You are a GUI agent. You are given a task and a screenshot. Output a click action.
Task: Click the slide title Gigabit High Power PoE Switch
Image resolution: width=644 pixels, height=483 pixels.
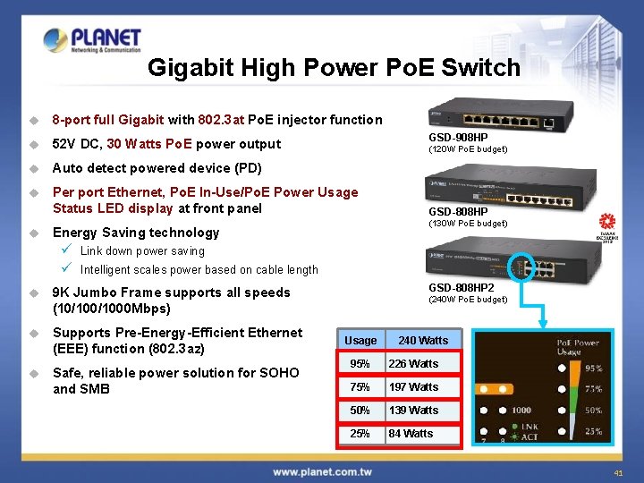click(334, 68)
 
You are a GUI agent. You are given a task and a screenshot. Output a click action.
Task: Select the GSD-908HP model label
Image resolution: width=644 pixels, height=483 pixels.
click(458, 138)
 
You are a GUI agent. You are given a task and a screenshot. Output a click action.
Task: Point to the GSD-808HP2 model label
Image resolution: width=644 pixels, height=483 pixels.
click(462, 288)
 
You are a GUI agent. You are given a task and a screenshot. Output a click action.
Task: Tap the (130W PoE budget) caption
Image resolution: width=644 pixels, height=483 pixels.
click(468, 224)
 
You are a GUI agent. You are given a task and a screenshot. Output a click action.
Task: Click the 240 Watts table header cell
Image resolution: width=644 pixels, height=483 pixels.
click(423, 341)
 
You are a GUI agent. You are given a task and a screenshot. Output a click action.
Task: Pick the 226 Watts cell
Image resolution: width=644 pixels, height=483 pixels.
click(423, 364)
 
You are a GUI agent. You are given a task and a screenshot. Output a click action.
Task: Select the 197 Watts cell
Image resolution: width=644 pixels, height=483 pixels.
click(423, 387)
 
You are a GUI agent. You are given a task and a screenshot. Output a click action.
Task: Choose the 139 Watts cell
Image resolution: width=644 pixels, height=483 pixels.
click(423, 411)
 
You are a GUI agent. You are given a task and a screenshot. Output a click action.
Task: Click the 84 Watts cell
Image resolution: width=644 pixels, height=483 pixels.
click(423, 434)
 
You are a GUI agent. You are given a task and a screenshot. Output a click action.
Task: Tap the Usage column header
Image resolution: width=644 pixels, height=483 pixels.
click(360, 341)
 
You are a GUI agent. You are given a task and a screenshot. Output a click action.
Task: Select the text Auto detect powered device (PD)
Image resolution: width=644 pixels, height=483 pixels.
click(157, 168)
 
